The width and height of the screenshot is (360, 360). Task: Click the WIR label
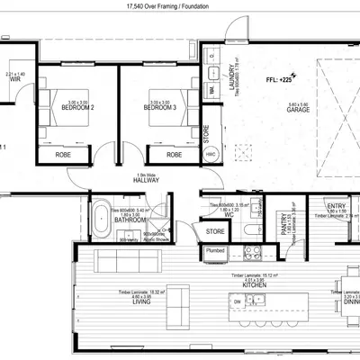point(14,80)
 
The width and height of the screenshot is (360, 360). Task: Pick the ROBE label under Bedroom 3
point(174,154)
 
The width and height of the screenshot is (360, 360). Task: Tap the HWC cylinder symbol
point(210,154)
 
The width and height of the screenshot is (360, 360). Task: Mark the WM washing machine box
point(212,90)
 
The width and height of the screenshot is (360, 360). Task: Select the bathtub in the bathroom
point(101,220)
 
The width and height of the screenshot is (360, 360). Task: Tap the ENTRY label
point(336,207)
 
